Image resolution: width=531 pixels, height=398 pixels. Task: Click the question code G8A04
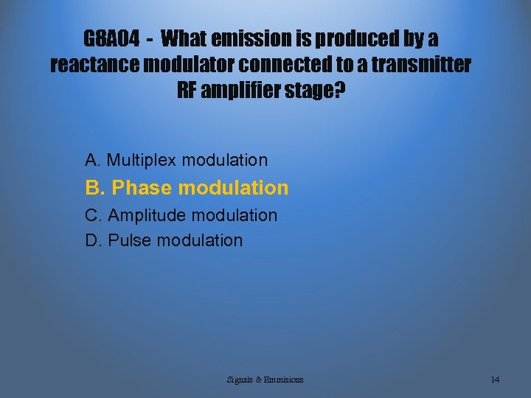[111, 38]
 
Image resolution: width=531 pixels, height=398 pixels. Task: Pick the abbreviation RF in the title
[190, 91]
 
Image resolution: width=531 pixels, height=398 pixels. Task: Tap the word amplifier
[244, 91]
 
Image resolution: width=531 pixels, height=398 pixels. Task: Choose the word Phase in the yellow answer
[142, 188]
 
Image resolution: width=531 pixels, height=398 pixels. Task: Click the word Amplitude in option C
[145, 215]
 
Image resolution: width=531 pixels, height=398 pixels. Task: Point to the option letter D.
[93, 240]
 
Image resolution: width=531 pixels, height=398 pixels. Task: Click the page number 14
[495, 380]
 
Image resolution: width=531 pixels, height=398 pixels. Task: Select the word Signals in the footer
[240, 380]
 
